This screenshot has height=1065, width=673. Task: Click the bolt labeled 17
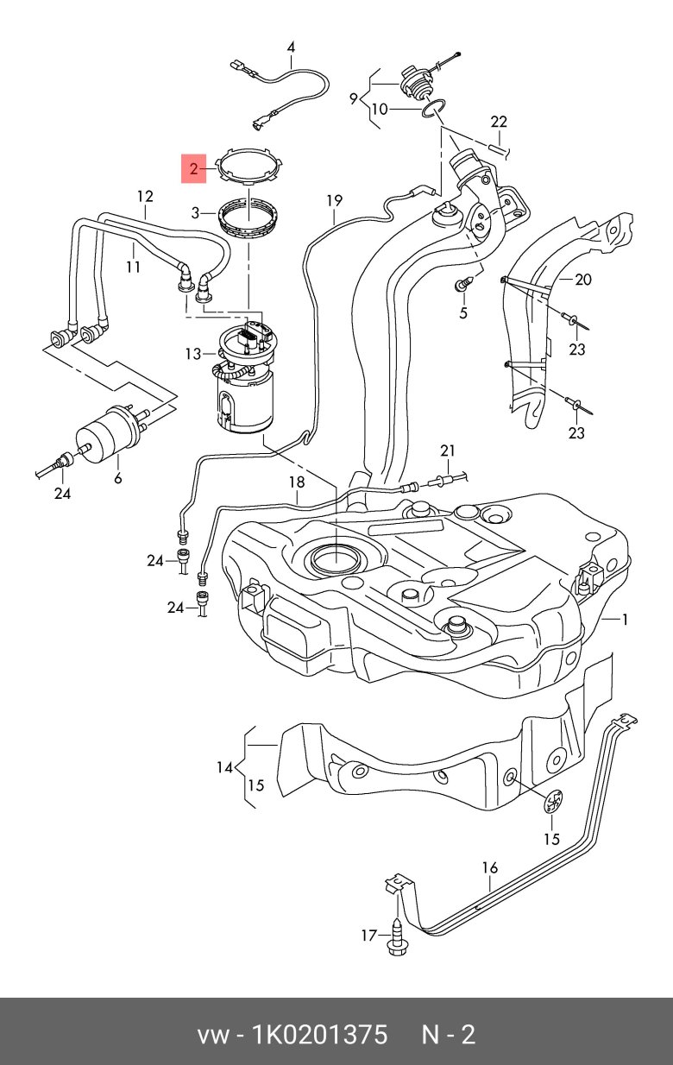pyautogui.click(x=394, y=936)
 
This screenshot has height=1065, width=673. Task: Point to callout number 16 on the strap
pyautogui.click(x=489, y=867)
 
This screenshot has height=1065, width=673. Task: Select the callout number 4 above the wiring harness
pyautogui.click(x=291, y=47)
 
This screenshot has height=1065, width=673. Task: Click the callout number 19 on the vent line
pyautogui.click(x=334, y=201)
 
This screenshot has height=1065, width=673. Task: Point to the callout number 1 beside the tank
pyautogui.click(x=626, y=620)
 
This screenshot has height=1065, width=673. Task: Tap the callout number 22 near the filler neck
pyautogui.click(x=500, y=121)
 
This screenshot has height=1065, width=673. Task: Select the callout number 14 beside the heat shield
pyautogui.click(x=225, y=766)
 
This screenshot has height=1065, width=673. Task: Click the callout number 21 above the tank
pyautogui.click(x=447, y=451)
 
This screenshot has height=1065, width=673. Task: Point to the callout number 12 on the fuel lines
pyautogui.click(x=144, y=197)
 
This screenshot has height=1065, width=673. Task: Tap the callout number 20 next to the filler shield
pyautogui.click(x=583, y=279)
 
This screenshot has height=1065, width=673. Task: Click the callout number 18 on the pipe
pyautogui.click(x=297, y=482)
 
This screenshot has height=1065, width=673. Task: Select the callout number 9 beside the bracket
pyautogui.click(x=353, y=98)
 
